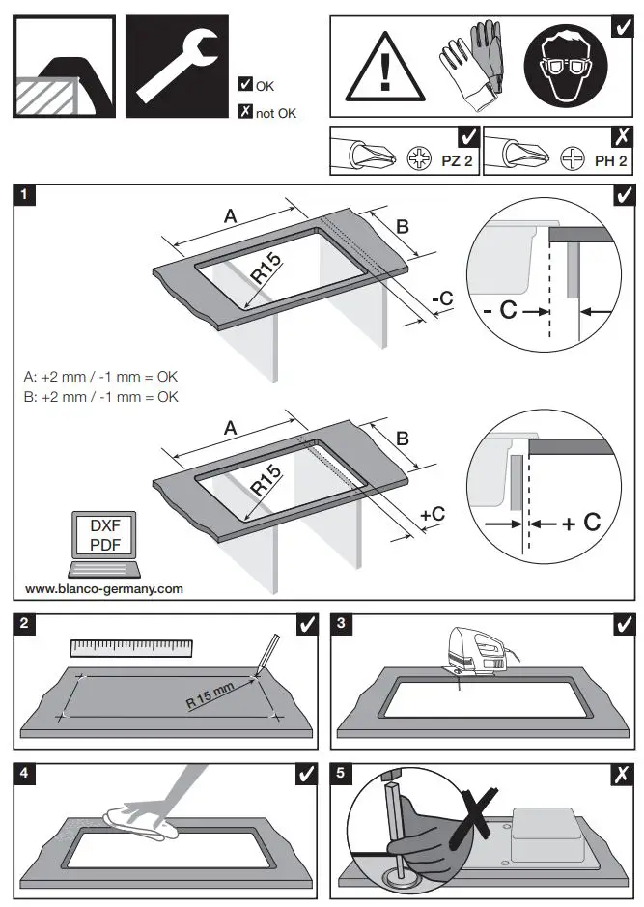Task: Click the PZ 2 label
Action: coord(457,160)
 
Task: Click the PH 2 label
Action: coord(610,160)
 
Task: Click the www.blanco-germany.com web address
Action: coord(103,588)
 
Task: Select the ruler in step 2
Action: coord(131,648)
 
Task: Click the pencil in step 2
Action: coord(267,652)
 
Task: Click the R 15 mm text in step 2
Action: coord(210,695)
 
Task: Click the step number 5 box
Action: coord(341,773)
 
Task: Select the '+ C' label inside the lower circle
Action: coord(581,523)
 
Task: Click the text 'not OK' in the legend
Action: coord(276,113)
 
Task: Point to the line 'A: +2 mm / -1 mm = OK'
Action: coord(100,377)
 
